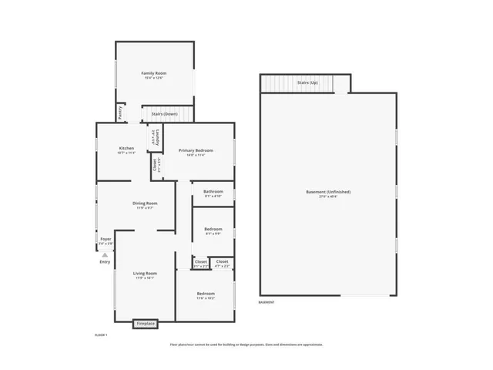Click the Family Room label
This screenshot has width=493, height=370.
click(x=154, y=73)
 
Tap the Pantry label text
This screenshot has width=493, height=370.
click(x=121, y=113)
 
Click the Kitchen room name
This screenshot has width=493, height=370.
click(x=126, y=148)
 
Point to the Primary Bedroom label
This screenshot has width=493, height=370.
click(x=195, y=150)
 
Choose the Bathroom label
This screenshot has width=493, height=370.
click(x=213, y=191)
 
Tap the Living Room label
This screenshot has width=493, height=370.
click(x=145, y=273)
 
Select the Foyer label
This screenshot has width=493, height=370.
click(x=106, y=239)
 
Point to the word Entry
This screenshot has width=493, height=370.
click(x=105, y=262)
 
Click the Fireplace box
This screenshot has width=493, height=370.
click(x=146, y=324)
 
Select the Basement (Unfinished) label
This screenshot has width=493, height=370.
click(x=327, y=191)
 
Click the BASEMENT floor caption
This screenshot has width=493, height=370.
click(x=267, y=302)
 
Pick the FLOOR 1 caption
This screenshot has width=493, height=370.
click(x=100, y=335)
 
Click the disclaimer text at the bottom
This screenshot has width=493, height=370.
click(x=246, y=345)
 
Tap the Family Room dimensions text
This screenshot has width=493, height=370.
click(x=154, y=78)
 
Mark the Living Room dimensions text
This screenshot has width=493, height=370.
click(x=145, y=278)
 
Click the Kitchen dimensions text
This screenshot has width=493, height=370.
click(x=126, y=153)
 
